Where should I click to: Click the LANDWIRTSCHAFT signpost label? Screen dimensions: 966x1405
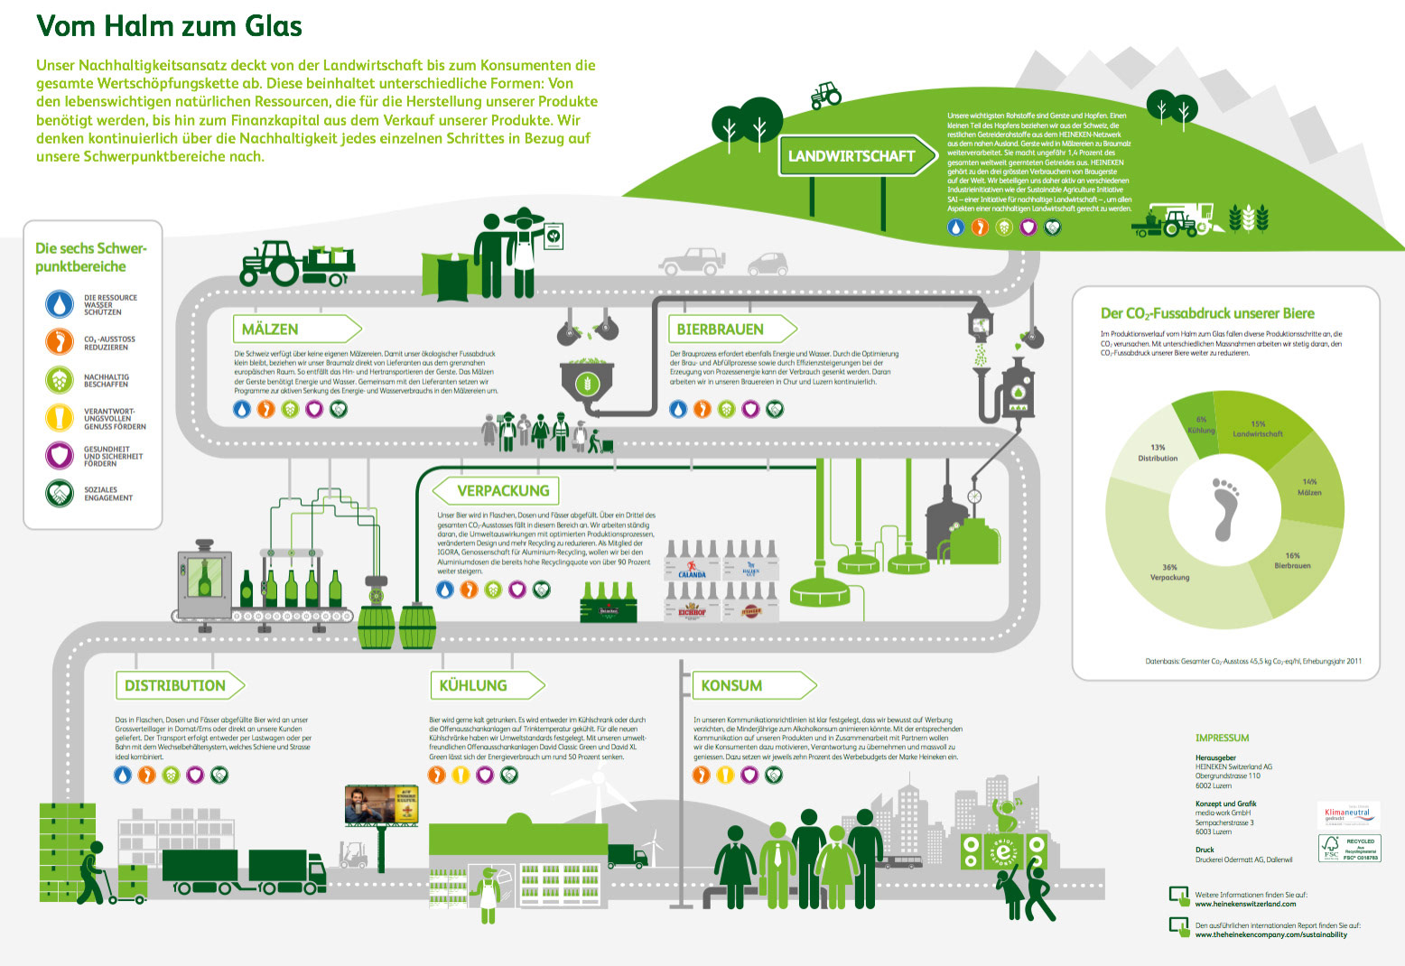[x=851, y=156]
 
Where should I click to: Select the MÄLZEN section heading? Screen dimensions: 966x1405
[x=271, y=330]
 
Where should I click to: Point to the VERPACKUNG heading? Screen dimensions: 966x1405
[x=503, y=491]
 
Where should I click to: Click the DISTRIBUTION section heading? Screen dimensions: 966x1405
[x=175, y=686]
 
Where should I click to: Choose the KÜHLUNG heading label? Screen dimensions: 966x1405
[x=473, y=686]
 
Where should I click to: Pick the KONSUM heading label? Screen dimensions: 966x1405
[x=732, y=686]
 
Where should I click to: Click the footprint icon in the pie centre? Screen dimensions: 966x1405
[x=1224, y=509]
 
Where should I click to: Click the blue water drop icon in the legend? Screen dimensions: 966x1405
[x=60, y=304]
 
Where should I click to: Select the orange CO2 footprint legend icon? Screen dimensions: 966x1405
[x=60, y=342]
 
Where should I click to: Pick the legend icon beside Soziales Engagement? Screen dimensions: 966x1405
[x=60, y=494]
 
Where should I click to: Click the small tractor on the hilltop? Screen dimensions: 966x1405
[x=825, y=94]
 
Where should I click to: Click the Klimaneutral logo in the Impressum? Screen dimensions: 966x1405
[x=1347, y=813]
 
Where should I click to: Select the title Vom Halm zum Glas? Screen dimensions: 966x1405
[x=169, y=26]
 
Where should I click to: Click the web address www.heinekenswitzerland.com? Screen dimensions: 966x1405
[x=1245, y=904]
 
